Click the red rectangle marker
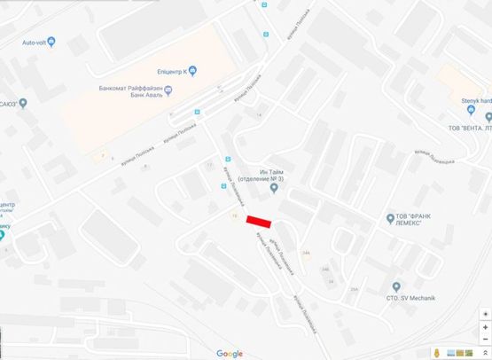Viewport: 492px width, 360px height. pyautogui.click(x=260, y=221)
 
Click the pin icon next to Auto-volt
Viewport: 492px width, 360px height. pyautogui.click(x=51, y=42)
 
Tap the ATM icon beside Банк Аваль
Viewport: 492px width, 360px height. pyautogui.click(x=170, y=93)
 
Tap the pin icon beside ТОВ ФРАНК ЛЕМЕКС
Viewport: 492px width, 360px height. pyautogui.click(x=390, y=217)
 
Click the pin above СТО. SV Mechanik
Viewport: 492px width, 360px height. pyautogui.click(x=396, y=286)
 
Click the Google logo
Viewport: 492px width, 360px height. pyautogui.click(x=229, y=354)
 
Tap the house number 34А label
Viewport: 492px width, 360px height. pyautogui.click(x=307, y=254)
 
